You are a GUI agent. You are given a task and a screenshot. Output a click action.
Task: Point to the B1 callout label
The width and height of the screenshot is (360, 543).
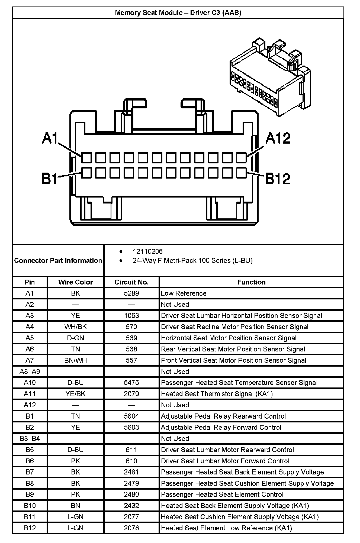tap(50, 179)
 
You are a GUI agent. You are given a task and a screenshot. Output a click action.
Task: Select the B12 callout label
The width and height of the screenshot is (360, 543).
tap(277, 179)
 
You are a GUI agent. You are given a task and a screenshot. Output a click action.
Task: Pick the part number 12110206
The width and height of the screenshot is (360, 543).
tap(147, 251)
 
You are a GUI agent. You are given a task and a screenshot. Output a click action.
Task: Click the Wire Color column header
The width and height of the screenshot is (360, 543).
tap(75, 282)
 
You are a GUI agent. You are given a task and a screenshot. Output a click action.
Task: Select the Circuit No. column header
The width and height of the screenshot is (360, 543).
tap(131, 282)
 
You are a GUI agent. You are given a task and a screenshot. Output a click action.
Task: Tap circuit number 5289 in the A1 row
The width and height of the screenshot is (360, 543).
tap(131, 293)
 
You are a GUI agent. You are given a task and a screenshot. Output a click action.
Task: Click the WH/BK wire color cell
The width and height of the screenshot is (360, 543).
tap(75, 327)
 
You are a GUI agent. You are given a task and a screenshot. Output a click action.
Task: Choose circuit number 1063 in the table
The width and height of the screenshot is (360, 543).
tap(131, 316)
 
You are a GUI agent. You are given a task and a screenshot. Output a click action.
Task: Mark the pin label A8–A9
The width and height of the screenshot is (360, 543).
tap(30, 371)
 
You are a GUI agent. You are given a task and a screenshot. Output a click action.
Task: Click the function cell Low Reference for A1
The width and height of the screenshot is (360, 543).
tap(184, 293)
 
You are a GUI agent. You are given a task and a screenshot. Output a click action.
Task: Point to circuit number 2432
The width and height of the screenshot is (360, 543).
tap(131, 506)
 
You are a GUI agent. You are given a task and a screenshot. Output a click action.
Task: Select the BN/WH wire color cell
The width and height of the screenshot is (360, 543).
tap(75, 360)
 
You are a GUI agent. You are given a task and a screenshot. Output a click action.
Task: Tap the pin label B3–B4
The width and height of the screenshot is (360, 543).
tap(30, 438)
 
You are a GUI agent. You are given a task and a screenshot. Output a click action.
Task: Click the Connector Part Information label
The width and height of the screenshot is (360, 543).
tap(58, 260)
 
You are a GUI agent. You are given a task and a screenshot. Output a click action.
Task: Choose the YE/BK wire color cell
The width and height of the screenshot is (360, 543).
tap(75, 394)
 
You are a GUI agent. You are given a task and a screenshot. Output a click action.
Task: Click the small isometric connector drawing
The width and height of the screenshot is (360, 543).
tap(270, 79)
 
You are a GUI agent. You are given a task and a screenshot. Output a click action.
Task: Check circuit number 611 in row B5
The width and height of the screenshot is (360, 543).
tap(131, 450)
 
